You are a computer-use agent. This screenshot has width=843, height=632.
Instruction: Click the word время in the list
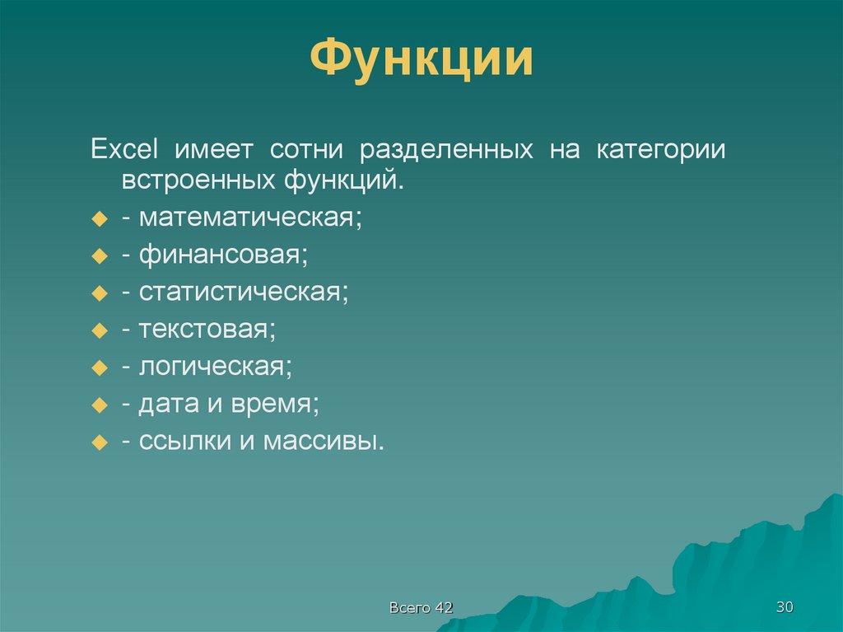(274, 404)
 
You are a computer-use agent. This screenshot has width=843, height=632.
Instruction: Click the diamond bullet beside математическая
(99, 220)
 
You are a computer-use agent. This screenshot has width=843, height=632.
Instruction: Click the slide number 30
(784, 607)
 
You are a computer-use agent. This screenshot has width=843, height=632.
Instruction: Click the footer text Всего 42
(421, 607)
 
